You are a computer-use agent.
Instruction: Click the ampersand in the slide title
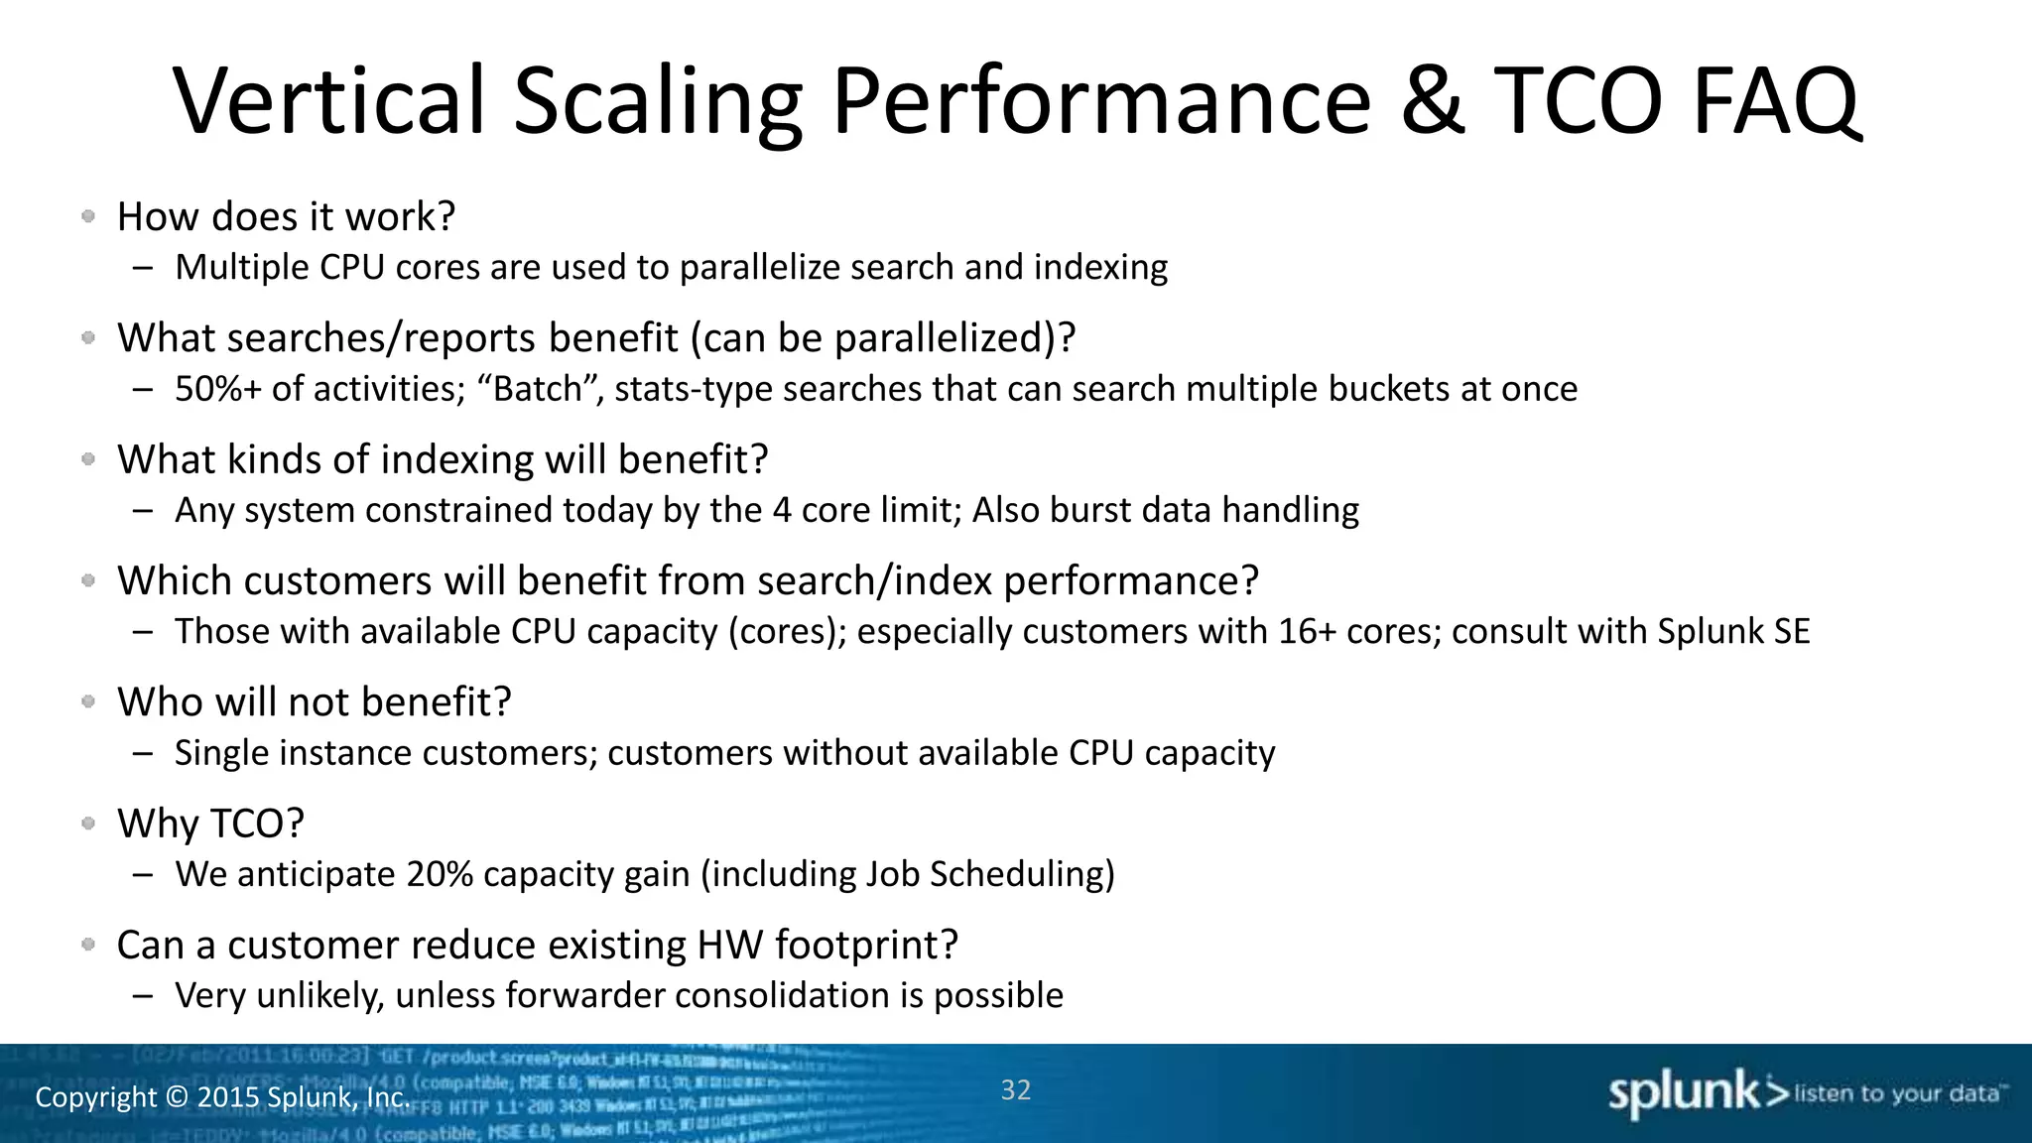pyautogui.click(x=1432, y=101)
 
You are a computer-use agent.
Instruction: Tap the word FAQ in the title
pyautogui.click(x=1775, y=101)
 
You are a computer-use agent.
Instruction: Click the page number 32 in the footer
pyautogui.click(x=1015, y=1089)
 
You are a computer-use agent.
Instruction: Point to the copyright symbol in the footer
pyautogui.click(x=176, y=1097)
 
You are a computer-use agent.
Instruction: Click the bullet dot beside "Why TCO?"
pyautogui.click(x=88, y=823)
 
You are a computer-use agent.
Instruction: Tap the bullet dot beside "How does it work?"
pyautogui.click(x=88, y=215)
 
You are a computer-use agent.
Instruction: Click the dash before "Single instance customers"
pyautogui.click(x=143, y=753)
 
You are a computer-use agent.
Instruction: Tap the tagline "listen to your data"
pyautogui.click(x=1899, y=1093)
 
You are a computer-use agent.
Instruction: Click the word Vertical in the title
pyautogui.click(x=329, y=101)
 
